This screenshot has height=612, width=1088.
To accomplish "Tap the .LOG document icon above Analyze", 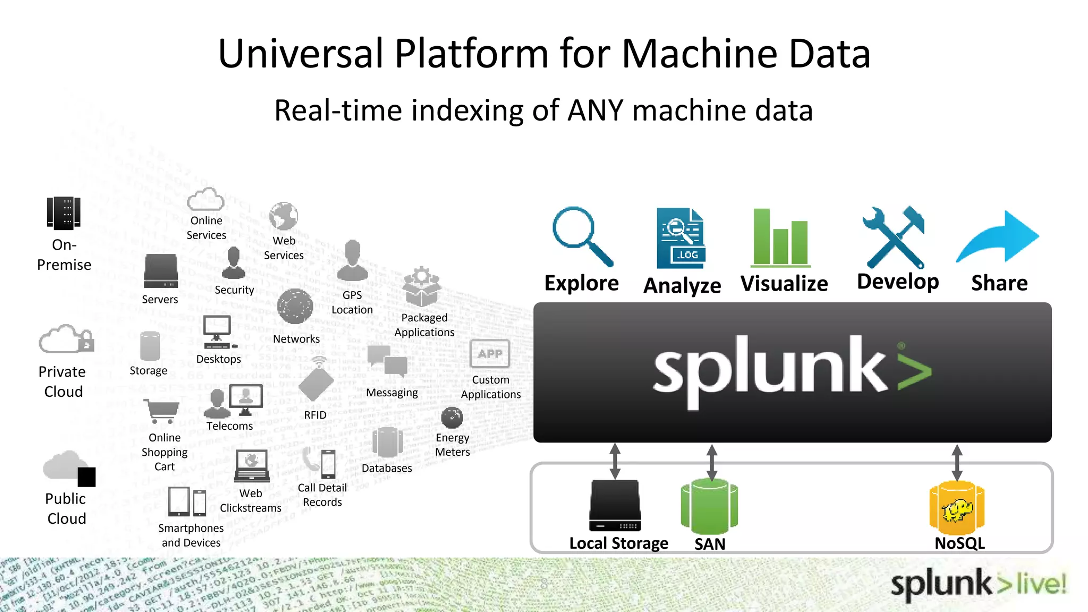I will pos(681,239).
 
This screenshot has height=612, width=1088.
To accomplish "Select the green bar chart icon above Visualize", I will pos(780,239).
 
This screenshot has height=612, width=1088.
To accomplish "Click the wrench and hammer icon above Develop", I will pos(895,237).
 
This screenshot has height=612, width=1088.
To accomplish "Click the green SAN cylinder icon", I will pos(709,506).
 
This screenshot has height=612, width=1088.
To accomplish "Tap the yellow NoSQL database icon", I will pos(957,508).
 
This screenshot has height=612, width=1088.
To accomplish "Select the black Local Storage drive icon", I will pos(615,505).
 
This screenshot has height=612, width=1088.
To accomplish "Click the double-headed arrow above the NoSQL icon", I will pos(957,463).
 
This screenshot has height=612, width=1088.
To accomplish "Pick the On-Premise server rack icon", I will pos(64,213).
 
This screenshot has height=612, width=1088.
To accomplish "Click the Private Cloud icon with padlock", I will pos(66,339).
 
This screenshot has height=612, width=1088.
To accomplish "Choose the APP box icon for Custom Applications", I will pos(490,354).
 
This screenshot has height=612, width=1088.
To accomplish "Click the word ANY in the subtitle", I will pos(595,110).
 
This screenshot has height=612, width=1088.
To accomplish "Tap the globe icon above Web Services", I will pos(284,216).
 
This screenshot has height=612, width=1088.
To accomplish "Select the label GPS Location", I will pos(352,302).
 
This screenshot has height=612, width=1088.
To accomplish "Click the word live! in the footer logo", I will pos(1041,584).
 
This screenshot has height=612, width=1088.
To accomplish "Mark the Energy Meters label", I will pos(453,445).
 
